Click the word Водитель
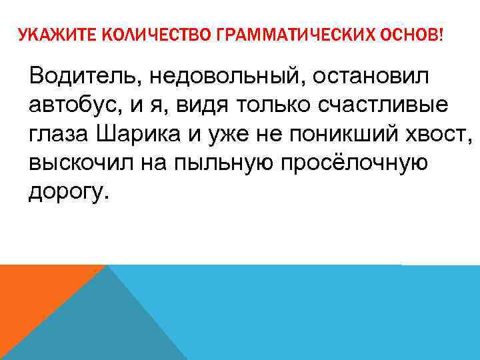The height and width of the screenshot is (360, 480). point(81,77)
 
